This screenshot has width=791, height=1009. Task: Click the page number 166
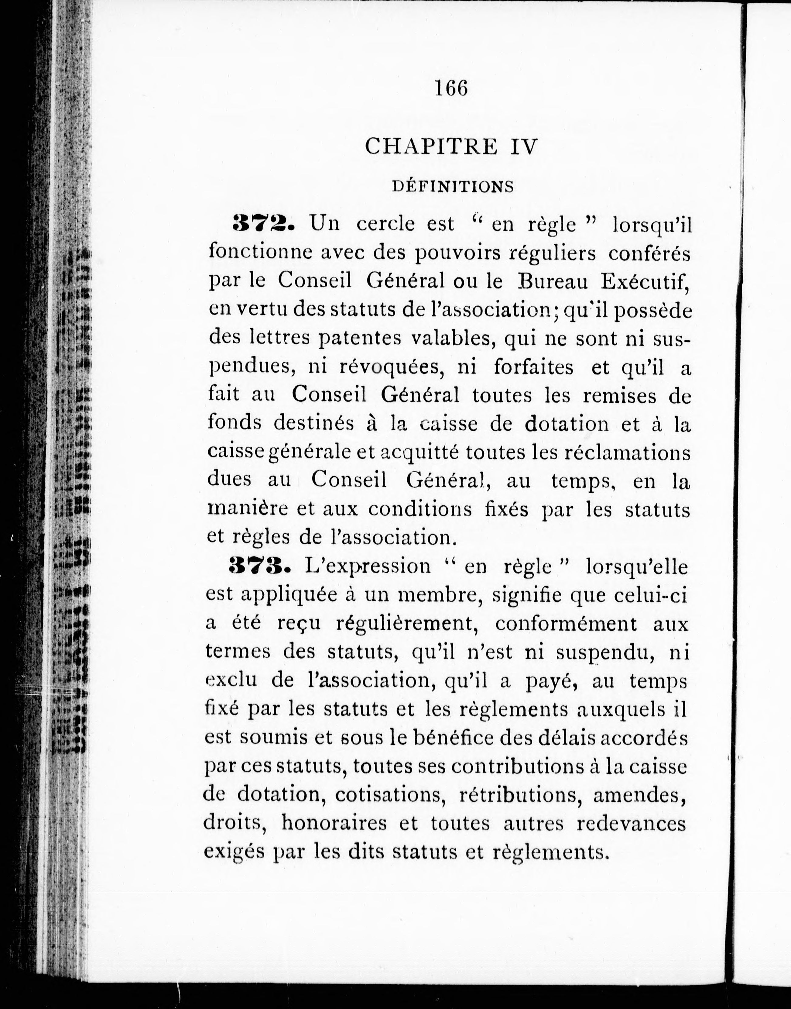(x=451, y=88)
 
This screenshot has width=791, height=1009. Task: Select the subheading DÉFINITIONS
(x=453, y=187)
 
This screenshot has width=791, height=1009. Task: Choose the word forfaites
(x=533, y=367)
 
